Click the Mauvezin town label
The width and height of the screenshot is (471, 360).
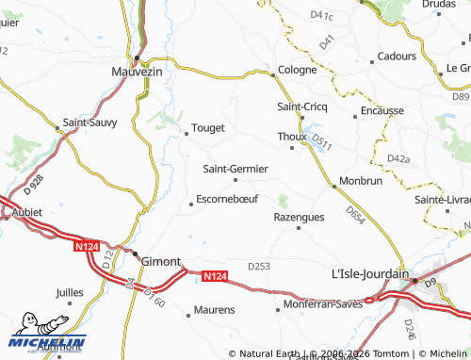[x=137, y=72]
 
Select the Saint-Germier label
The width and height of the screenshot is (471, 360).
[x=235, y=169]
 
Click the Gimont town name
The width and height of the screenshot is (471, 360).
[x=160, y=261]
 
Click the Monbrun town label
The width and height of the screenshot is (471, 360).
[x=360, y=179]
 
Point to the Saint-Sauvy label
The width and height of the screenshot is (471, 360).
[x=89, y=123]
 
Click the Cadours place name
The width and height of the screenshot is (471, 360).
[x=396, y=57]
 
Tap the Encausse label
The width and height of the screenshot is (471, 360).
[x=383, y=110]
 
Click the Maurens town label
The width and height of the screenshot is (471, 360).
[x=214, y=309]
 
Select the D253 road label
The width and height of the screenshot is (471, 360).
[x=259, y=267]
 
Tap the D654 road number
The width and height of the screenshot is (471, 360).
[x=355, y=216]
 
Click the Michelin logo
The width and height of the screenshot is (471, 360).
[x=46, y=341]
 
